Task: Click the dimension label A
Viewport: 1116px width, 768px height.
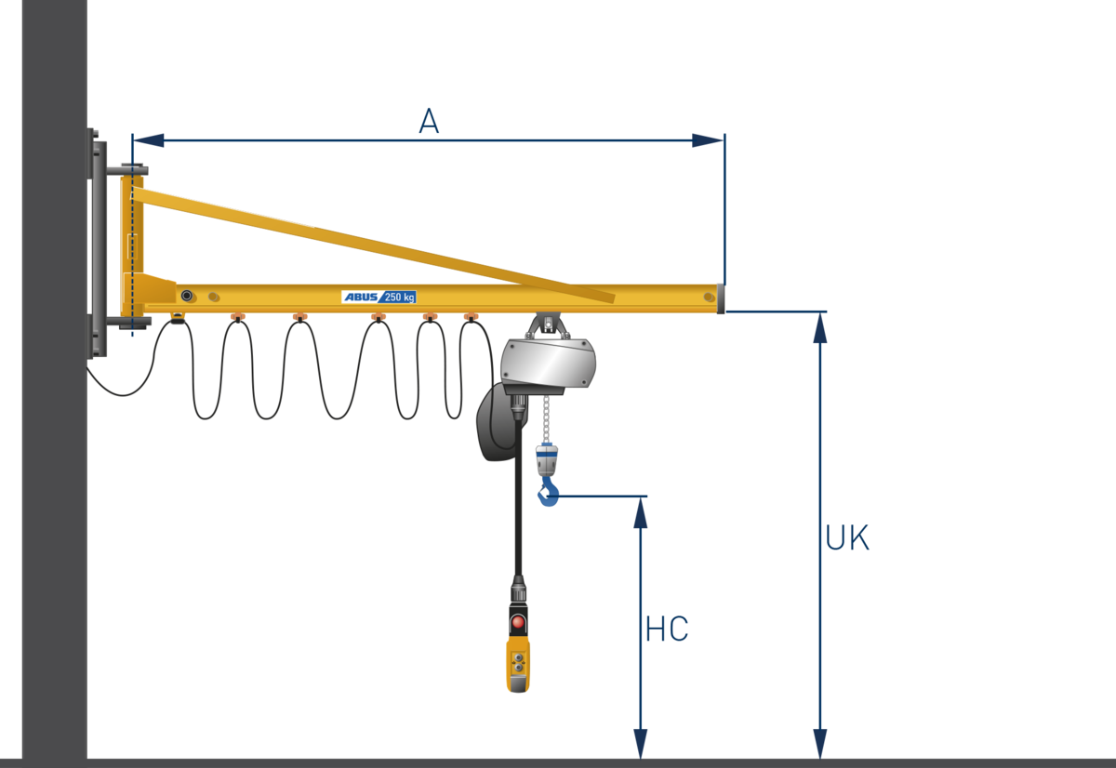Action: pyautogui.click(x=428, y=121)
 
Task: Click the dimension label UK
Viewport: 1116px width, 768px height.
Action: pyautogui.click(x=847, y=538)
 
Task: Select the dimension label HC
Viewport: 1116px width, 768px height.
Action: pyautogui.click(x=667, y=629)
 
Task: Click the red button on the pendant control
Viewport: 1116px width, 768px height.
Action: pyautogui.click(x=518, y=621)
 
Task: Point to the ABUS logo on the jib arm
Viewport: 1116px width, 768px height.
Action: pyautogui.click(x=361, y=297)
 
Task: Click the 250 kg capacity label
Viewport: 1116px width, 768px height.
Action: pyautogui.click(x=400, y=297)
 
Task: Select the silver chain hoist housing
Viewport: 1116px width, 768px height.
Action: pyautogui.click(x=549, y=363)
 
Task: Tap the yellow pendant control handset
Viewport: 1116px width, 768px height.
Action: pyautogui.click(x=518, y=662)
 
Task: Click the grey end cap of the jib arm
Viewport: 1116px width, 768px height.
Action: pyautogui.click(x=720, y=298)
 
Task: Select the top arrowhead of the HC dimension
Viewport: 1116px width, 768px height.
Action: pyautogui.click(x=641, y=514)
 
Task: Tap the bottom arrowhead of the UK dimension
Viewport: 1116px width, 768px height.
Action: pyautogui.click(x=820, y=742)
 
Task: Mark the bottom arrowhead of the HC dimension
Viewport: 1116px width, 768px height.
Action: pyautogui.click(x=641, y=742)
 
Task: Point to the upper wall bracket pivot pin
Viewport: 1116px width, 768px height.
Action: pyautogui.click(x=128, y=170)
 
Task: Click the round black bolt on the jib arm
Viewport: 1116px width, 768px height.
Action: pyautogui.click(x=187, y=296)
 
